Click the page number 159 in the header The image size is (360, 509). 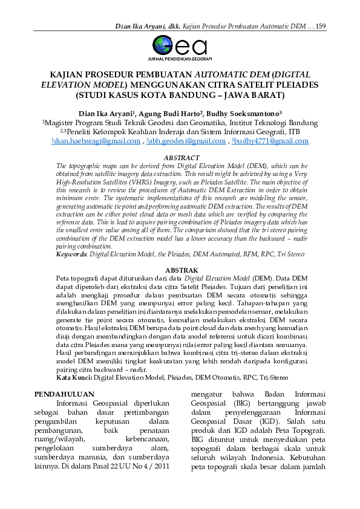click(x=321, y=25)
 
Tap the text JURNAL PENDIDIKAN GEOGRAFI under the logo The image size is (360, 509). click(x=180, y=59)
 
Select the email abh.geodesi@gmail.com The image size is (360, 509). click(x=186, y=141)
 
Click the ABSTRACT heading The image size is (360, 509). click(x=179, y=158)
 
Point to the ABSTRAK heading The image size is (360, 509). click(x=179, y=270)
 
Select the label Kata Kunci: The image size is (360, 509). click(x=74, y=377)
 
